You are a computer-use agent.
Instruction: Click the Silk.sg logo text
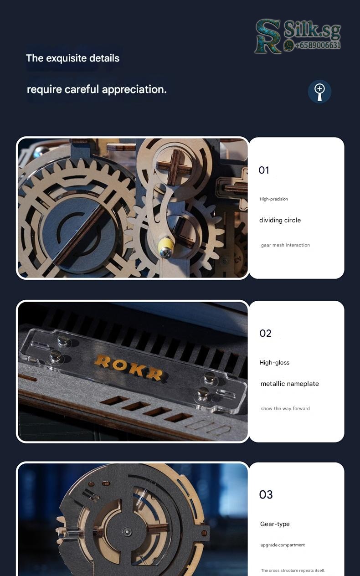[312, 31]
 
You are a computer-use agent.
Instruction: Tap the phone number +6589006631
[318, 45]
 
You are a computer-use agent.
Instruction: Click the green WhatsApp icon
[289, 45]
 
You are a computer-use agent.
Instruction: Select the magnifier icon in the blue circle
[319, 92]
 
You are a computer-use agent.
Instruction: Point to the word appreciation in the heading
[134, 90]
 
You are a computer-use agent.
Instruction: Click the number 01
[264, 170]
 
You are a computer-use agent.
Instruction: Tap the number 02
[265, 333]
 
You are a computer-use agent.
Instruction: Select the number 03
[266, 494]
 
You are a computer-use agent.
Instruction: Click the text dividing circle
[280, 220]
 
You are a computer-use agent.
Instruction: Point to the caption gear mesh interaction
[285, 245]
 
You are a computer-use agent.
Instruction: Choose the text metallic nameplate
[289, 384]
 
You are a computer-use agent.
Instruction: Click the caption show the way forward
[285, 408]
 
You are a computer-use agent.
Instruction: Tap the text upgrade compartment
[283, 545]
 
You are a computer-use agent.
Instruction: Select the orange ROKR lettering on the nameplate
[129, 367]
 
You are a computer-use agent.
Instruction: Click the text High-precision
[273, 199]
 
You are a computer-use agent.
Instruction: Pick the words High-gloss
[274, 363]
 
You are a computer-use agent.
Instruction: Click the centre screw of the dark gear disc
[127, 531]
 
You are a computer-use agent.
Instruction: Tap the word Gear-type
[275, 524]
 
